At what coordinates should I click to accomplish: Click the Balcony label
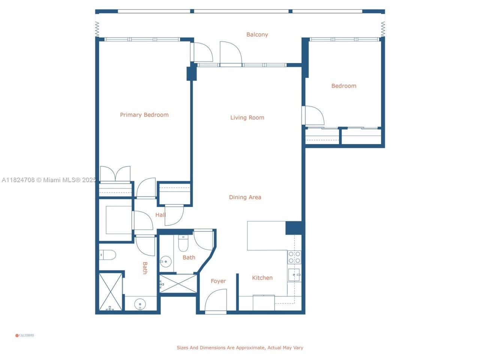click(x=257, y=34)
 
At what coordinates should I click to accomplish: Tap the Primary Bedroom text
click(x=144, y=115)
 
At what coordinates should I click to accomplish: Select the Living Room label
click(x=247, y=117)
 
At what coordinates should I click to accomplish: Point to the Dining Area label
click(x=245, y=197)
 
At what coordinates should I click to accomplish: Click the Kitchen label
click(x=262, y=278)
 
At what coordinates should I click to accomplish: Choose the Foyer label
click(x=218, y=281)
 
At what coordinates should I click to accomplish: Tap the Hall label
click(x=160, y=215)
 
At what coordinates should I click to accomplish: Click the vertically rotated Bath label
click(x=145, y=268)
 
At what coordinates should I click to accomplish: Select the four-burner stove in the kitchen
click(x=294, y=257)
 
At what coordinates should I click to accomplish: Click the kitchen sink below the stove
click(x=294, y=275)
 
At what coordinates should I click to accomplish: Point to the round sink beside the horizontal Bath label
click(x=165, y=261)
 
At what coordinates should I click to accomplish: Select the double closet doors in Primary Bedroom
click(x=115, y=174)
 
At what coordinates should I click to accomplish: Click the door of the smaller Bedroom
click(x=313, y=115)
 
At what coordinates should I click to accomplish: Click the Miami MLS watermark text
click(x=49, y=180)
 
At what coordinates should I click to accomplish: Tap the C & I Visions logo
click(x=24, y=335)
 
